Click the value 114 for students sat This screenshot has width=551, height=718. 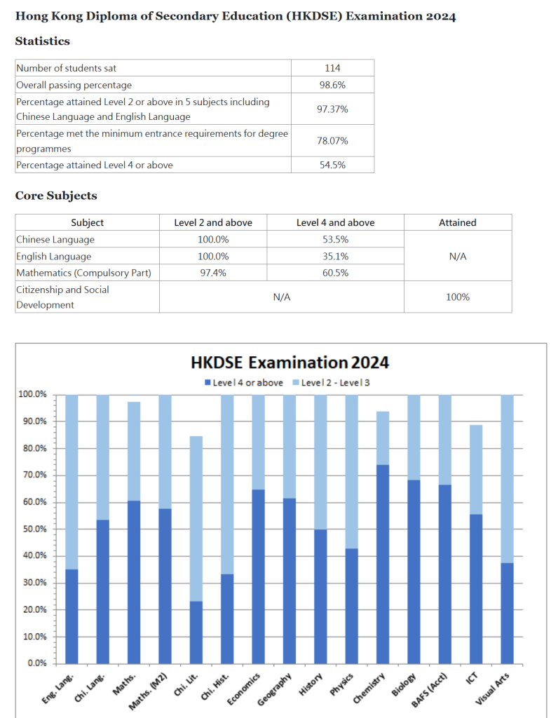click(332, 68)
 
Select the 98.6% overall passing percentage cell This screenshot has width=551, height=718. click(332, 85)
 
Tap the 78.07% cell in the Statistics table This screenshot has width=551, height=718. click(332, 141)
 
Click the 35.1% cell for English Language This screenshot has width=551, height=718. click(335, 257)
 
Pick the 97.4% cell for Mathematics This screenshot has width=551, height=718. click(213, 273)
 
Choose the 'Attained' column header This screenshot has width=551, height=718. click(457, 222)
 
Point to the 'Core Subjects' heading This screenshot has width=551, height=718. click(56, 196)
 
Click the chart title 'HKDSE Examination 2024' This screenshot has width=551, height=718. click(290, 363)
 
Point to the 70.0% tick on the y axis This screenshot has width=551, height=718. click(32, 475)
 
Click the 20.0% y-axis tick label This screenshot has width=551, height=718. click(32, 609)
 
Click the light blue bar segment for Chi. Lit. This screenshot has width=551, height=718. click(196, 519)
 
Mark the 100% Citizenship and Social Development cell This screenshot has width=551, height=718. click(457, 297)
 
